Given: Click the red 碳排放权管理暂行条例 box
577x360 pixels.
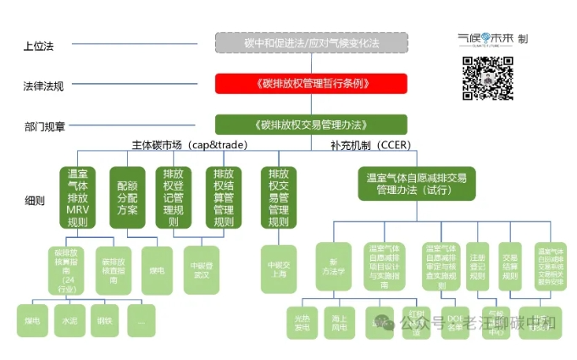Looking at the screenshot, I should [311, 84].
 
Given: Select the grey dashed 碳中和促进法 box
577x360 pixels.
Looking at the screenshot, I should [311, 43].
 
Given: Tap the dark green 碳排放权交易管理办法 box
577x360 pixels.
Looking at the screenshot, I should [311, 125].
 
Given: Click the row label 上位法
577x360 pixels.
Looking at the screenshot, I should [39, 45].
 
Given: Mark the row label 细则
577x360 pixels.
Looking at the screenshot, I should [35, 201].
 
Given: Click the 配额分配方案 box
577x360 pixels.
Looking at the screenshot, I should [127, 197].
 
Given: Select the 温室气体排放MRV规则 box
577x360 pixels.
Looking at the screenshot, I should [77, 197].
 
